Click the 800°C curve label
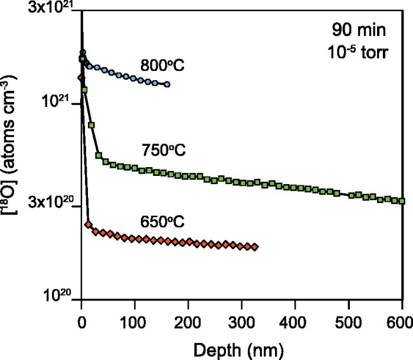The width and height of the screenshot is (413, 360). pyautogui.click(x=162, y=65)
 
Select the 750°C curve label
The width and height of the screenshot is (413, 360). pyautogui.click(x=163, y=150)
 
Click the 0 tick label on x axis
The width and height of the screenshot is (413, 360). pyautogui.click(x=81, y=322)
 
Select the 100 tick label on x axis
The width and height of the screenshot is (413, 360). pyautogui.click(x=135, y=322)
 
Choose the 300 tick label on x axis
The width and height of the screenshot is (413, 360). pyautogui.click(x=242, y=322)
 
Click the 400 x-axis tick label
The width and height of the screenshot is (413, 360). pyautogui.click(x=295, y=322)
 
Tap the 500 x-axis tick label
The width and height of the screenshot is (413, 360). pyautogui.click(x=349, y=322)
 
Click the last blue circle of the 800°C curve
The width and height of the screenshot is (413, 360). pyautogui.click(x=168, y=84)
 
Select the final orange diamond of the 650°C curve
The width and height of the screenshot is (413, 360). pyautogui.click(x=255, y=247)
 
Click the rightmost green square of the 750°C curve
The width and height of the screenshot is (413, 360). pyautogui.click(x=402, y=201)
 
